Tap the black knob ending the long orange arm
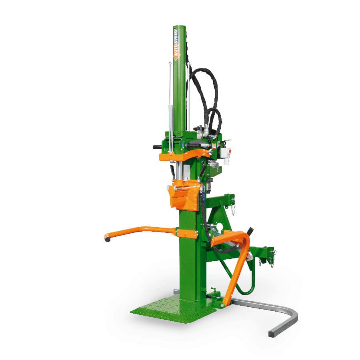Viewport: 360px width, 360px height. pos(107,239)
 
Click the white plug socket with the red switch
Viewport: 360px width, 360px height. pos(226,154)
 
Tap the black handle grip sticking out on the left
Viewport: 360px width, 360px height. pos(157,147)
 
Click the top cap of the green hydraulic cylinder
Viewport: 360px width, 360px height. pos(179,27)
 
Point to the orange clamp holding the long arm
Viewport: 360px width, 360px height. pos(186,234)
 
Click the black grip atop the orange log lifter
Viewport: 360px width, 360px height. pos(250,231)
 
